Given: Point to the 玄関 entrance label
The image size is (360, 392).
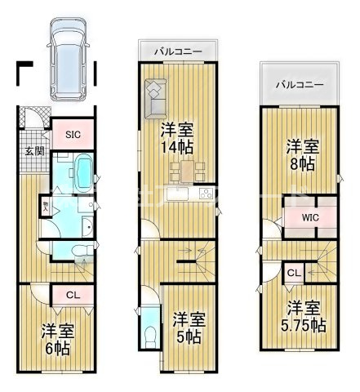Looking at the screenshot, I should [33, 151].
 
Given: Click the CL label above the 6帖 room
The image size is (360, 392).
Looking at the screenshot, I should [72, 296].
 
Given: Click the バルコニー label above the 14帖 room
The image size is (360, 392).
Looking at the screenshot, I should [180, 52].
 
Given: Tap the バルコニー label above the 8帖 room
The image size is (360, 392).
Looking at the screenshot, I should [299, 85].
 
